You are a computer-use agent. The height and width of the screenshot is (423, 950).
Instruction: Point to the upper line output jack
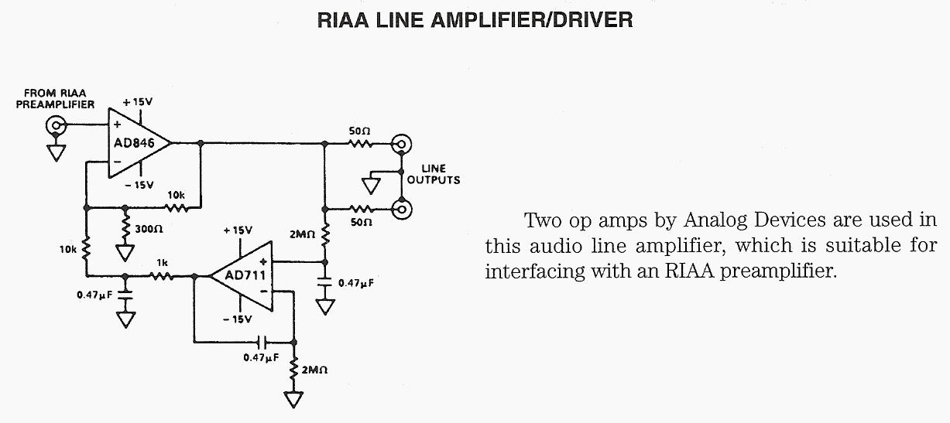[x=401, y=143]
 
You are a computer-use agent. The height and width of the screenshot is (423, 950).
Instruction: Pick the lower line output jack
[x=401, y=208]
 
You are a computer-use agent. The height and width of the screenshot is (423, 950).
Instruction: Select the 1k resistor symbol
[x=162, y=275]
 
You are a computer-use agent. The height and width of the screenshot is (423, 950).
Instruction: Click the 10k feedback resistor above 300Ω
[x=177, y=207]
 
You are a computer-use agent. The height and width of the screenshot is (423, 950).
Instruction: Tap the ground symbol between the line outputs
[x=370, y=186]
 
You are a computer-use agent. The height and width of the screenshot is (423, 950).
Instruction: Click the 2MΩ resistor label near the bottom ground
[x=314, y=370]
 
